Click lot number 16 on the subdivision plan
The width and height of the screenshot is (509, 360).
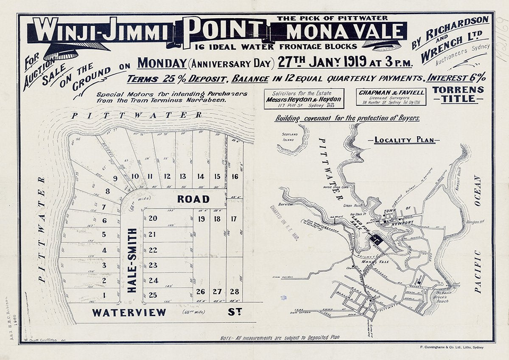click(x=235, y=176)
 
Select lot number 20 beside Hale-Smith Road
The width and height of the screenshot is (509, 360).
click(x=153, y=218)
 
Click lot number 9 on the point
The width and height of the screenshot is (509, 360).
click(x=115, y=178)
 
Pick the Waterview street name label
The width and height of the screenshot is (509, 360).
click(x=129, y=313)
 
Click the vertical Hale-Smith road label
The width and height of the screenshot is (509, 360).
click(x=132, y=260)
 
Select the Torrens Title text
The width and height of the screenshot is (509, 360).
click(x=458, y=95)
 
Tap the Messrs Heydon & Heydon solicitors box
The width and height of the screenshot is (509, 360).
click(x=304, y=99)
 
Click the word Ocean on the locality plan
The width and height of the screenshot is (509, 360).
click(x=478, y=191)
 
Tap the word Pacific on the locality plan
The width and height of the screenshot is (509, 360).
click(x=478, y=271)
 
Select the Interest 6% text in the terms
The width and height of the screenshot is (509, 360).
click(x=456, y=78)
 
